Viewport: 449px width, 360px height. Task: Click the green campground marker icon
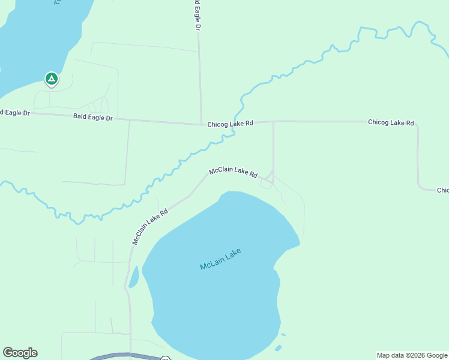(x=52, y=79)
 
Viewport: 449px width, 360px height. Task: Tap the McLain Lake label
(x=220, y=259)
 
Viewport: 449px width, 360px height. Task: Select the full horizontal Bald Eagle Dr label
(x=93, y=118)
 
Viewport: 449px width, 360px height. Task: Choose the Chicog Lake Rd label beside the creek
(x=231, y=124)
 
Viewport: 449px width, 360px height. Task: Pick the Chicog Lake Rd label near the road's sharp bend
(x=391, y=122)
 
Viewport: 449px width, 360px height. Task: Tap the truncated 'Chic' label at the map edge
(x=442, y=190)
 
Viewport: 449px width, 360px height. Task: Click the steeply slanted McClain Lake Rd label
(x=149, y=226)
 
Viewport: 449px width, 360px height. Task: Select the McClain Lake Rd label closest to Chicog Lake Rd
(x=233, y=173)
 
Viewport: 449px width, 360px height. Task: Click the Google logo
(x=20, y=353)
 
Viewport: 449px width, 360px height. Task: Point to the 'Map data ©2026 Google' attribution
(x=412, y=355)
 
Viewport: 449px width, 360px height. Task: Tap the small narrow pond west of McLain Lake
(x=133, y=277)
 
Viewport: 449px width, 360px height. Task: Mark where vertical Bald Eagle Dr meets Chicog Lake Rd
(x=200, y=125)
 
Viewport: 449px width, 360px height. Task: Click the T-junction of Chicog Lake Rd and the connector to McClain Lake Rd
(x=274, y=122)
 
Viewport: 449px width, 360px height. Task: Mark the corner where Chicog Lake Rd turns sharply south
(x=417, y=125)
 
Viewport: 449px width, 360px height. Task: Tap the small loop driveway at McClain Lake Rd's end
(x=266, y=184)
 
